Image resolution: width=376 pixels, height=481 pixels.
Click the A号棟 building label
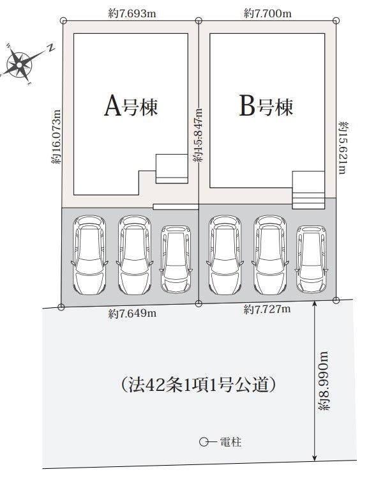(x=131, y=106)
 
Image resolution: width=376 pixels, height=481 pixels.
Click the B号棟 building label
(x=266, y=106)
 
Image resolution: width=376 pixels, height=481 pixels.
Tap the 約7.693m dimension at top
(x=132, y=13)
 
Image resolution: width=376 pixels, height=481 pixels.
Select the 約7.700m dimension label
(x=267, y=13)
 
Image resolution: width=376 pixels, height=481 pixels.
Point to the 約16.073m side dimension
(x=56, y=137)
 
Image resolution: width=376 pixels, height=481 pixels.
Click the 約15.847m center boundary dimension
(x=198, y=135)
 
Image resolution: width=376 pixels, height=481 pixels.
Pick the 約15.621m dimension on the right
(x=343, y=148)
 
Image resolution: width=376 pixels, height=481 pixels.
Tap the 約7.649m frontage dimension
(x=132, y=314)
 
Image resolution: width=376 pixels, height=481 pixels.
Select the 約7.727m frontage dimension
(x=267, y=309)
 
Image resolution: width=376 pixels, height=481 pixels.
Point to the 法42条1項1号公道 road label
(x=198, y=385)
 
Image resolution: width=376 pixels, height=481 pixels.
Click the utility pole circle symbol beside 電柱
(x=203, y=442)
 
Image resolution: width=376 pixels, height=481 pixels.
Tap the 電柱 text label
(x=230, y=442)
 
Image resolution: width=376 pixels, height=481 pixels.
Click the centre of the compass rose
(x=20, y=65)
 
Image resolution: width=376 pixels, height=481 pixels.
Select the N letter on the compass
(x=51, y=47)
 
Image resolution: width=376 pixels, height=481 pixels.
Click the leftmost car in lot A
(x=89, y=255)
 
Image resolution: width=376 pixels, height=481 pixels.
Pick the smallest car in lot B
(x=311, y=259)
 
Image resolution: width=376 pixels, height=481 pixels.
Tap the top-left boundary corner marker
(x=63, y=20)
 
